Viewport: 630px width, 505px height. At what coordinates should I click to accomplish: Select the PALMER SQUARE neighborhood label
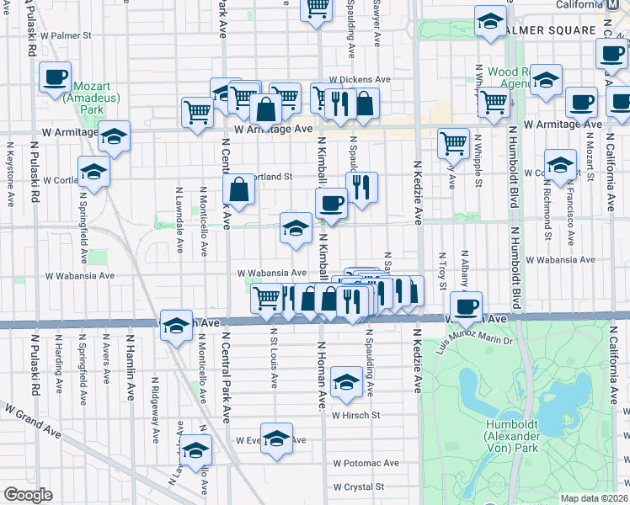pos(552,30)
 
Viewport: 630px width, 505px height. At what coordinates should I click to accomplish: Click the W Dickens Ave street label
pos(360,80)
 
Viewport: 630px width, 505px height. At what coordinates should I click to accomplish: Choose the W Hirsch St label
pos(356,415)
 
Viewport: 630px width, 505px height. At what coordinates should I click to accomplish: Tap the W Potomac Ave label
pos(366,463)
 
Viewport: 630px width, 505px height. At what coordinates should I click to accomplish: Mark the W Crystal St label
pos(358,486)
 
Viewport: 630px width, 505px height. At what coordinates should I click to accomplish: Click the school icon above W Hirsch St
pos(345,382)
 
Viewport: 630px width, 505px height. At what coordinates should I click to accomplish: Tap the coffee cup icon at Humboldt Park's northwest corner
pos(465,306)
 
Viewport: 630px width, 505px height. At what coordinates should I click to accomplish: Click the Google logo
pos(28,494)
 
